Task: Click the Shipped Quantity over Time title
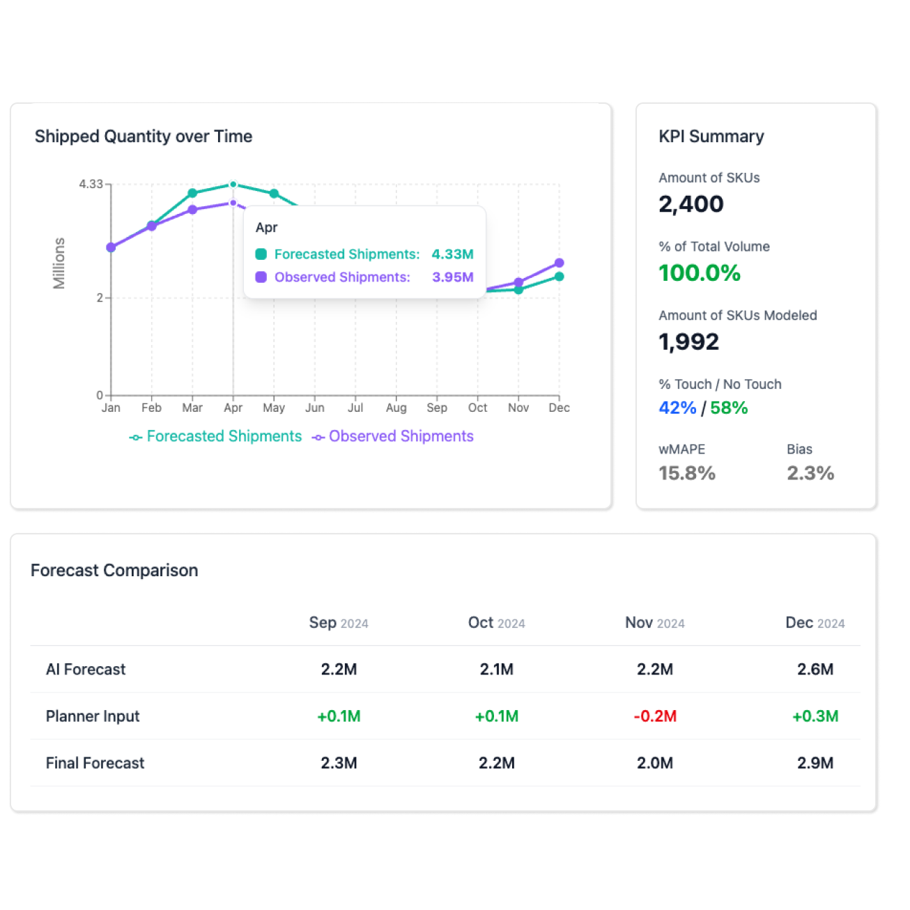(x=144, y=137)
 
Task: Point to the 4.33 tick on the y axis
(x=91, y=184)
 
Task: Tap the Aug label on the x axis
(x=396, y=408)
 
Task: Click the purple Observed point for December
(x=559, y=263)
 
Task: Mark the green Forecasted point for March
(x=192, y=193)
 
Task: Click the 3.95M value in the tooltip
(x=452, y=277)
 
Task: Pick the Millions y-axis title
(x=59, y=263)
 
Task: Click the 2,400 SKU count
(x=691, y=204)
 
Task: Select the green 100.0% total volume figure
(x=700, y=273)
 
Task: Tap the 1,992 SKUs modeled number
(x=688, y=342)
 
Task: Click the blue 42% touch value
(x=677, y=408)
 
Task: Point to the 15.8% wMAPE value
(x=687, y=474)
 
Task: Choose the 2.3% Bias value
(x=810, y=474)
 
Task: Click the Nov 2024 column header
(x=654, y=623)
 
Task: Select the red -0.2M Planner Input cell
(x=655, y=716)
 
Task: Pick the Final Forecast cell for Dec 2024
(x=815, y=763)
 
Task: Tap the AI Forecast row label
(x=86, y=670)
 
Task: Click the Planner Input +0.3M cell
(x=815, y=716)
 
